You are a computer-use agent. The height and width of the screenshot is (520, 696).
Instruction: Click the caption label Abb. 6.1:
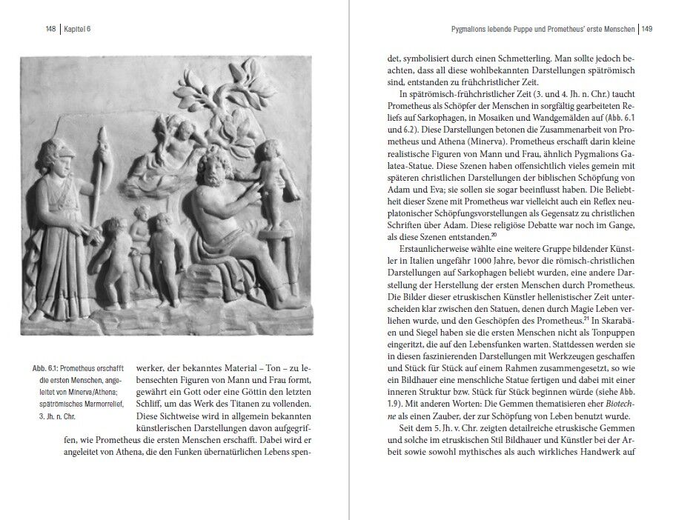tap(45, 368)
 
